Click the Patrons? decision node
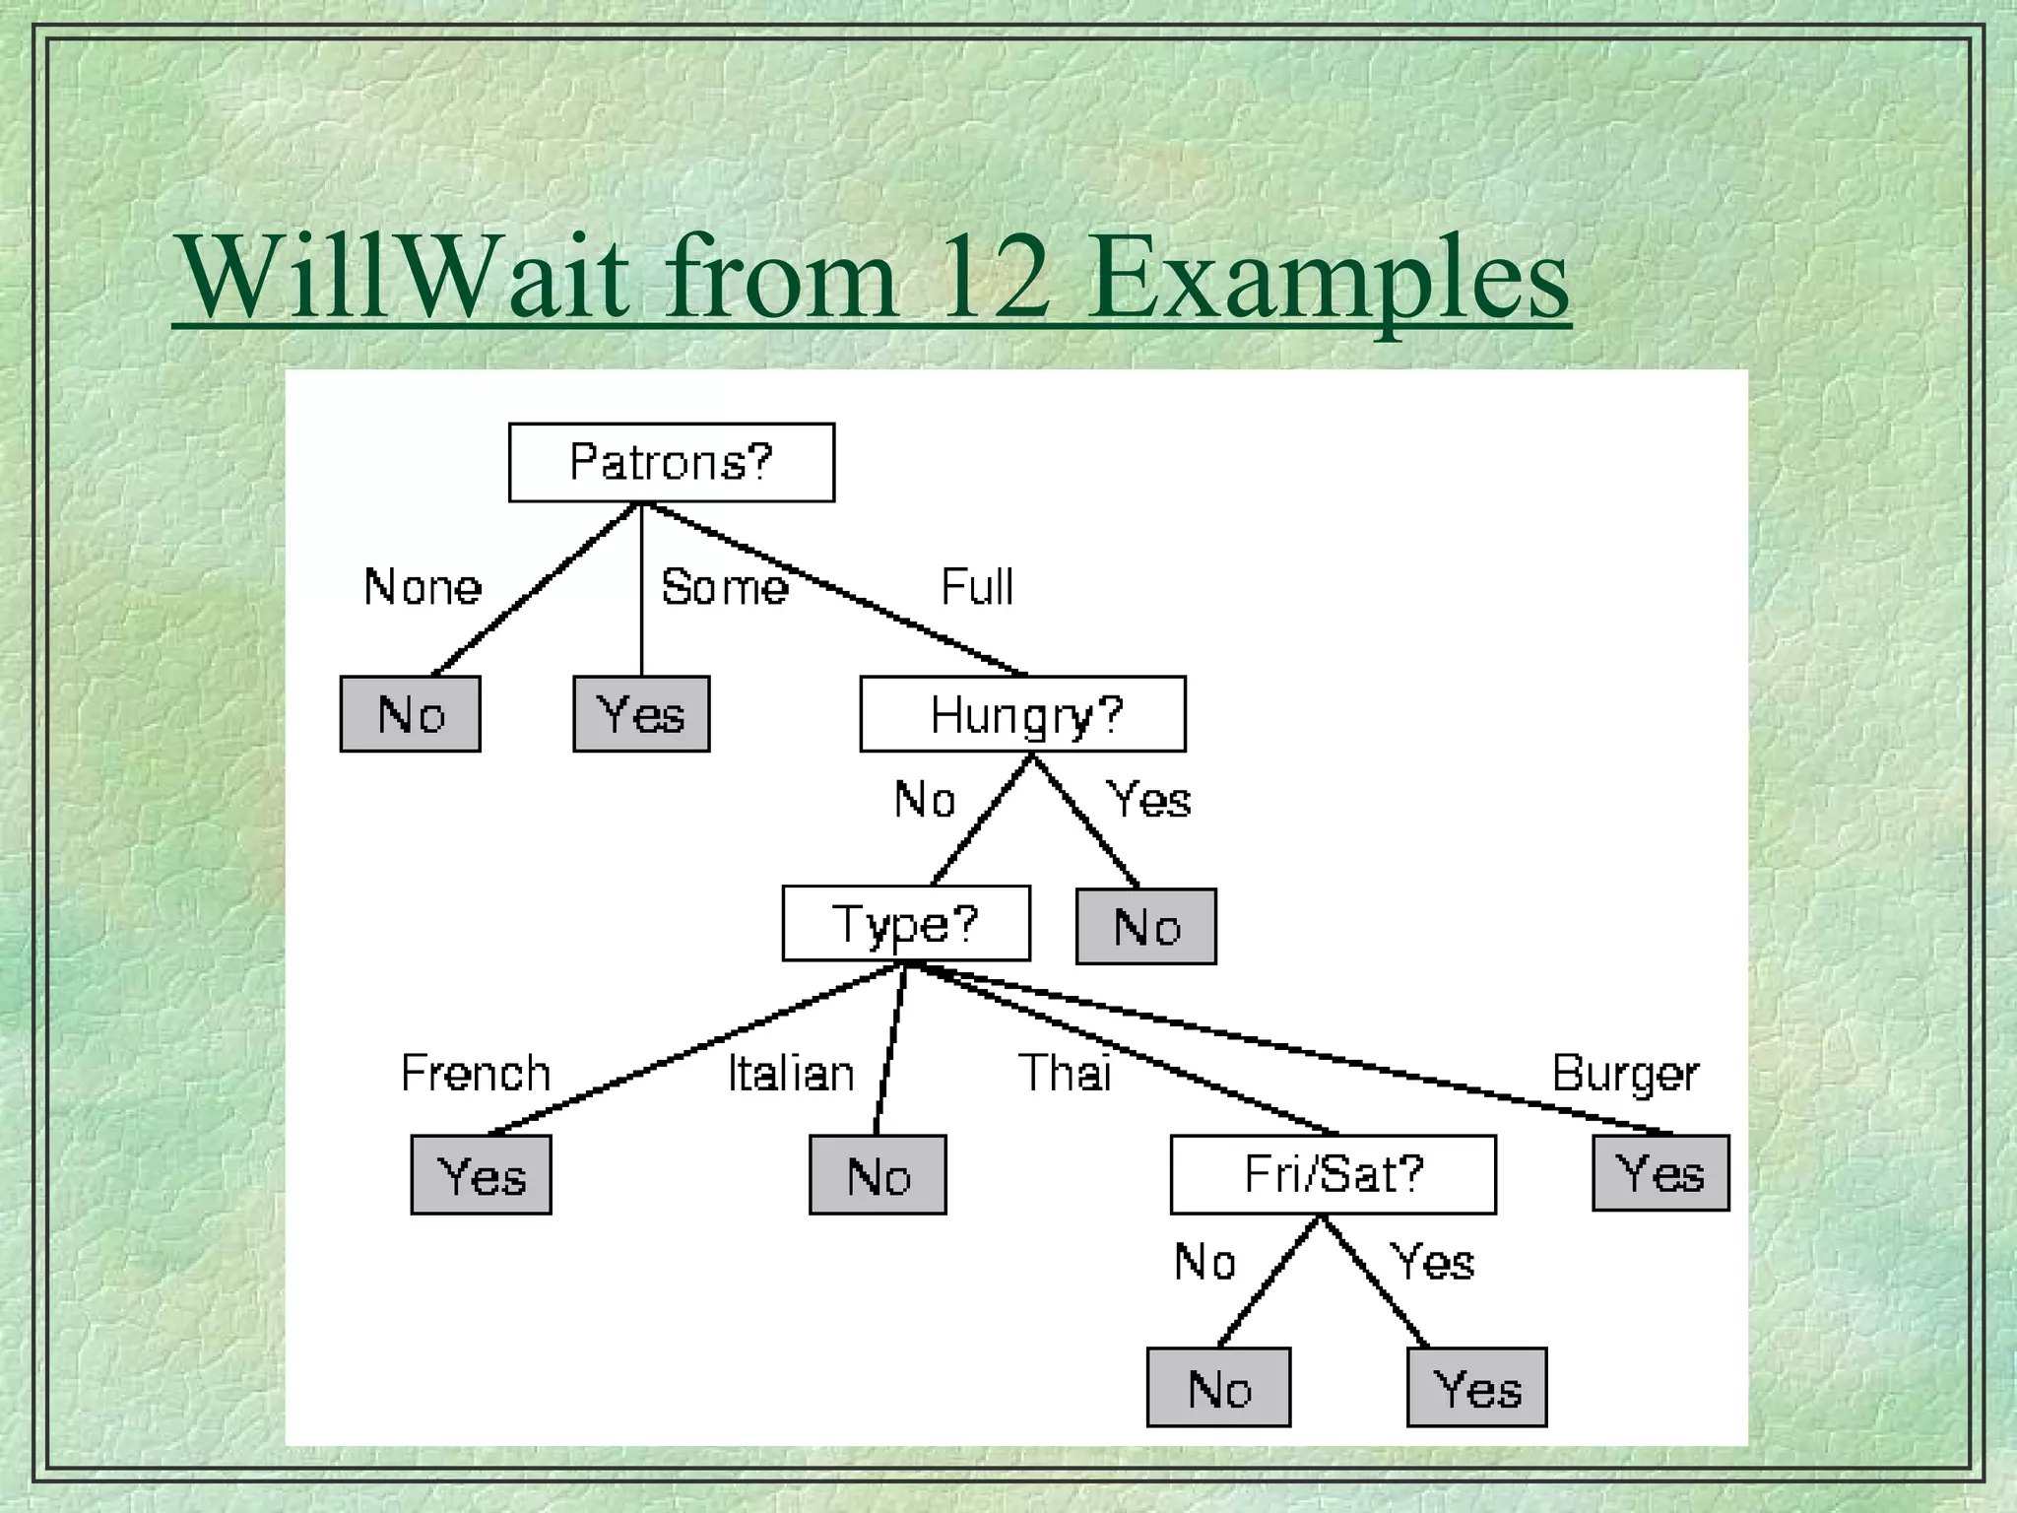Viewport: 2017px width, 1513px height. [671, 462]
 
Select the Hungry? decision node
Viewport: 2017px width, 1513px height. [1022, 714]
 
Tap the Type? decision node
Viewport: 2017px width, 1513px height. [905, 923]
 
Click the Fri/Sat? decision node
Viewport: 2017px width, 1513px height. [1333, 1174]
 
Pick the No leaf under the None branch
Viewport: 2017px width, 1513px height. [410, 714]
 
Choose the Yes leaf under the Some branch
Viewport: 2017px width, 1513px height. [641, 714]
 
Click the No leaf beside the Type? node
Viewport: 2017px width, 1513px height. [1145, 927]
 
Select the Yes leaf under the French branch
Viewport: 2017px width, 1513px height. [481, 1175]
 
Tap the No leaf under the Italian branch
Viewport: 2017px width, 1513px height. [878, 1175]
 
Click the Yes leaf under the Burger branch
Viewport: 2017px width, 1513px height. [1660, 1173]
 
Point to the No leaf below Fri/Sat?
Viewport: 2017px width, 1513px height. [1218, 1388]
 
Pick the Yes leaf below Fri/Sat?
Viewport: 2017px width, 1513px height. [1476, 1388]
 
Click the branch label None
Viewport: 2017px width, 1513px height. [423, 587]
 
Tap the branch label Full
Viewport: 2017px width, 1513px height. [976, 587]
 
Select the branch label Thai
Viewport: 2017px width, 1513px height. [1064, 1073]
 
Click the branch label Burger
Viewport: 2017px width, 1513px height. [1625, 1074]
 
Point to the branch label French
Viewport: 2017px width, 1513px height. [476, 1073]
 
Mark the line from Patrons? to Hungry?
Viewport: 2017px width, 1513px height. [837, 591]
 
